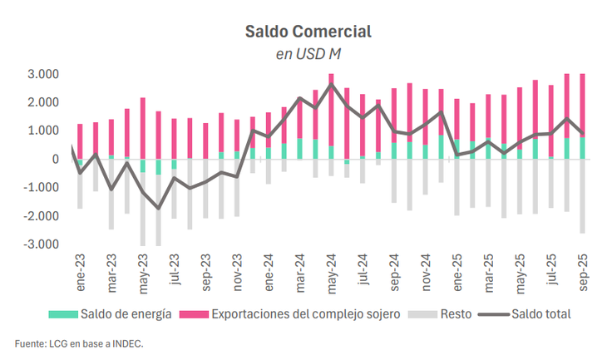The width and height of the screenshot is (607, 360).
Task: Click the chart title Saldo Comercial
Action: point(308,32)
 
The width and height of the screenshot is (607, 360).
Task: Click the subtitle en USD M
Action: point(308,54)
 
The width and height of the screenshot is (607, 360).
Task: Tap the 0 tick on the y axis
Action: point(55,159)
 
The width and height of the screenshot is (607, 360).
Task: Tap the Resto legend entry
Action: point(454,313)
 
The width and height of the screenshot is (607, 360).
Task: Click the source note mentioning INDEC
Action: point(85,343)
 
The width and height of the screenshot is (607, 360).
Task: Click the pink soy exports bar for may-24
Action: point(331,108)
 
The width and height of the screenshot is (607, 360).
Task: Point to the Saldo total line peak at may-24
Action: point(331,85)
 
